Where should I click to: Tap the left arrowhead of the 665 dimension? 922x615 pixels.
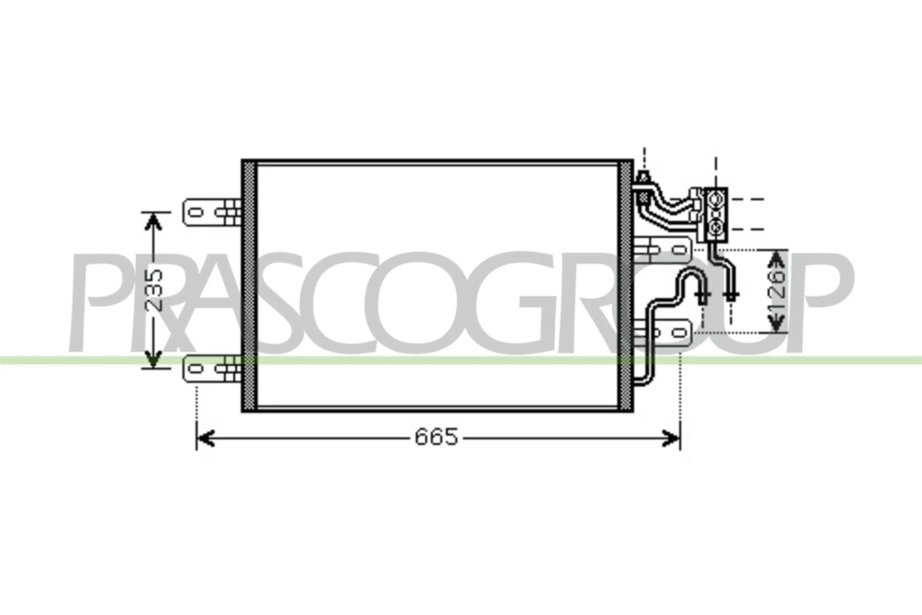pos(206,438)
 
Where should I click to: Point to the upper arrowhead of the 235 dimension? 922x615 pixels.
pos(153,222)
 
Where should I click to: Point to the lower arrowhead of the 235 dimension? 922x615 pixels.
pos(153,359)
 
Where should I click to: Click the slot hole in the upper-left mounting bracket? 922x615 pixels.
pos(196,213)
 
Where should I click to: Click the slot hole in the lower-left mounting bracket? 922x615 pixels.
pos(196,369)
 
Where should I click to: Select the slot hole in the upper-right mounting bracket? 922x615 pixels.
pos(679,249)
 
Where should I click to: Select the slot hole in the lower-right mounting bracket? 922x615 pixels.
pos(679,333)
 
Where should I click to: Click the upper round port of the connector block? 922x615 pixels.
pos(716,199)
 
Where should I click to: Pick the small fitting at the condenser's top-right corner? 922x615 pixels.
pos(643,178)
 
